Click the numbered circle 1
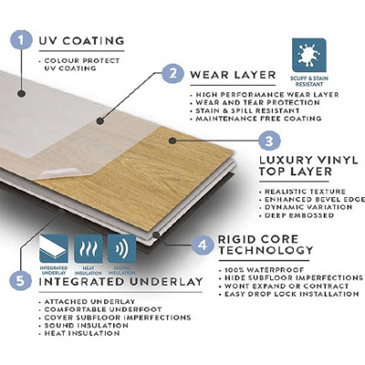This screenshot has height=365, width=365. [x=18, y=40]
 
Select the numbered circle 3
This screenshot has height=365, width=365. [x=266, y=141]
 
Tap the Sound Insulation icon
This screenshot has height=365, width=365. [x=120, y=248]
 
